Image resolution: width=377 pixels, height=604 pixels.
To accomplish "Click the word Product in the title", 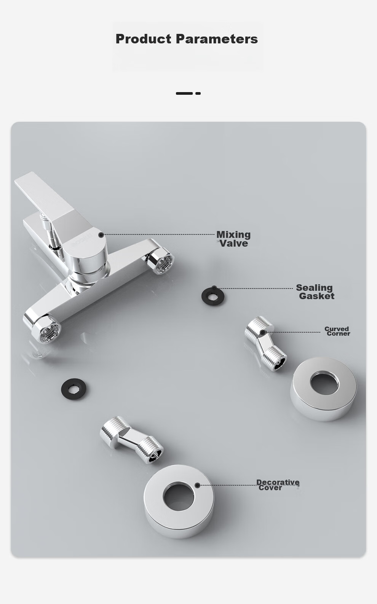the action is coord(143,39).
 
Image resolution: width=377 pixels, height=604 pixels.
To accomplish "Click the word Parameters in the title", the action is coord(217,39).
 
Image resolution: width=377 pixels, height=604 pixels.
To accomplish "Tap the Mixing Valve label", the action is coord(233,239).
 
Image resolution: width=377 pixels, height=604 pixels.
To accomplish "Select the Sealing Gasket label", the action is coord(315,292).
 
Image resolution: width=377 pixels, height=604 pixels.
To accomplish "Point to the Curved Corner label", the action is coord(337,331).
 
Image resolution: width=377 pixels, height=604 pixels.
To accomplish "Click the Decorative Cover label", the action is coord(278,485).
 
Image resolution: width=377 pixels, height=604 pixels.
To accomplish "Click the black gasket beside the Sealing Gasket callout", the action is coord(212,296).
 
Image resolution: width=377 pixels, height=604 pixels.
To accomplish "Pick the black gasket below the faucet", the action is coord(73,389).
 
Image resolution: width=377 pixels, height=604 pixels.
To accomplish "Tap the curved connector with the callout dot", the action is coord(265,343).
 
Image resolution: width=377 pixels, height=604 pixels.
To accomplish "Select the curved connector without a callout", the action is coord(131,440).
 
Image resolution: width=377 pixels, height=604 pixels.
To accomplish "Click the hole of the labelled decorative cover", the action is coord(178,497).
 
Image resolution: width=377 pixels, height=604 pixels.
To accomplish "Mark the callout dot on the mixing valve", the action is coord(101,235).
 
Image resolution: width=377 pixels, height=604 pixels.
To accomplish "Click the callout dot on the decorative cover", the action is coord(197,485).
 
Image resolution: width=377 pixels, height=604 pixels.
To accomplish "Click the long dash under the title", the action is coord(184,93).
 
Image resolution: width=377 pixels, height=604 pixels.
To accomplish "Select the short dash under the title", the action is coord(198,93).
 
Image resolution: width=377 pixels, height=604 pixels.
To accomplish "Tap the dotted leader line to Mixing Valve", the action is coord(159,234).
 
